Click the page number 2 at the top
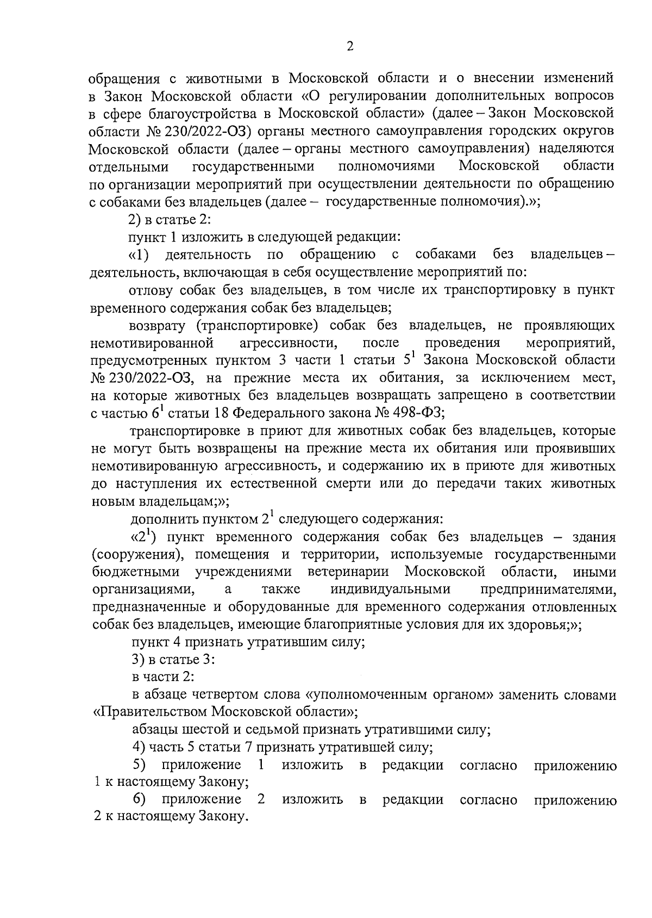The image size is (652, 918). click(x=350, y=47)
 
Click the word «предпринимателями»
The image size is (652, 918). click(x=548, y=590)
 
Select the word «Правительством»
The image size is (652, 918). click(x=153, y=712)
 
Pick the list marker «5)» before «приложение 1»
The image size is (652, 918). click(x=140, y=765)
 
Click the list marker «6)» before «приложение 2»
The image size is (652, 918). click(x=140, y=799)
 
